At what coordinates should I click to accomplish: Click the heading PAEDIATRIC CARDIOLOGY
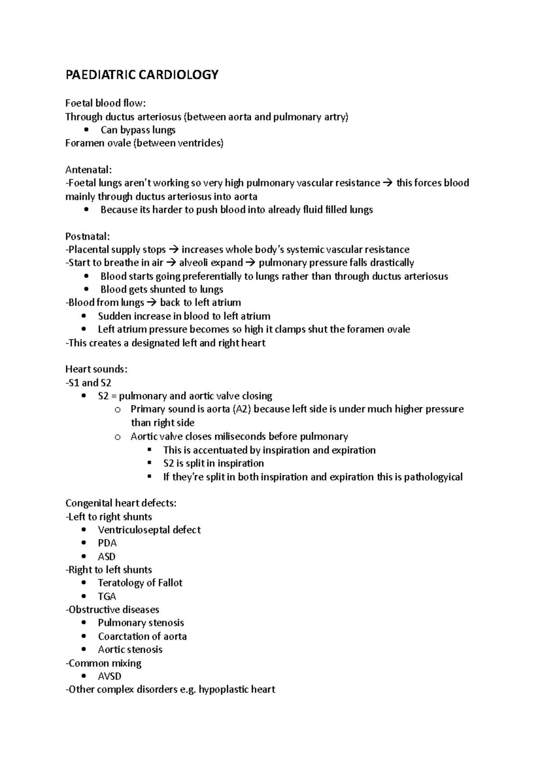142,75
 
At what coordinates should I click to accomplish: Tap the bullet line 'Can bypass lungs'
138,130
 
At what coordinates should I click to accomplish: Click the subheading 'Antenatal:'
88,170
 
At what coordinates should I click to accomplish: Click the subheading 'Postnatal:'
87,236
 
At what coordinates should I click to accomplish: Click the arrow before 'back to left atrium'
151,303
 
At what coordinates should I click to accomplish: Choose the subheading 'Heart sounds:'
96,369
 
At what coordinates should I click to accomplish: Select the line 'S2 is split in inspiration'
213,463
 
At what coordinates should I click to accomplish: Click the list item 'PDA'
107,543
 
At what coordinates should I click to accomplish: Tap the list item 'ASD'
107,557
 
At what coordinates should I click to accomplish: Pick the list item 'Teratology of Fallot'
140,583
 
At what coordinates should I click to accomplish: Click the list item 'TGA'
107,597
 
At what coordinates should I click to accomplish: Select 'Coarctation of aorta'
142,637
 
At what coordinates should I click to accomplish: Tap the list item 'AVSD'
109,676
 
